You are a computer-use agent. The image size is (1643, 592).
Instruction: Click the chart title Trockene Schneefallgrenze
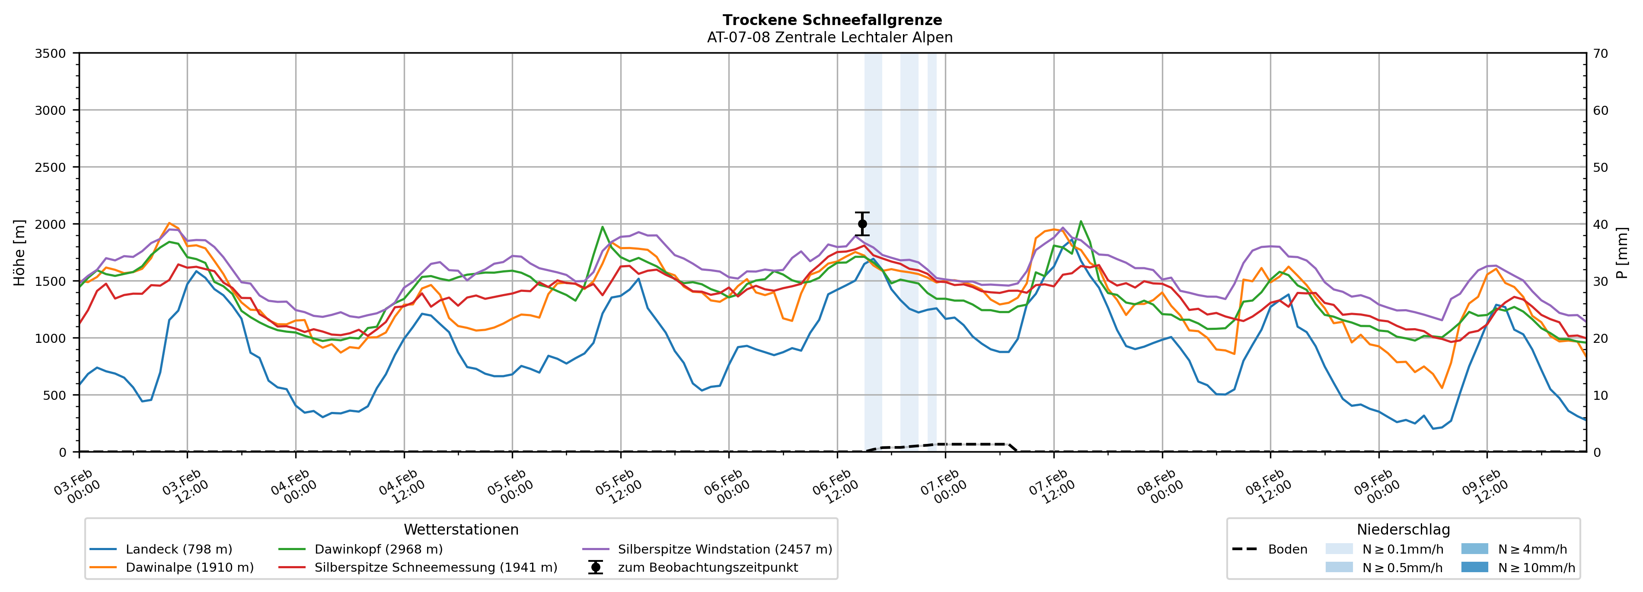coord(832,20)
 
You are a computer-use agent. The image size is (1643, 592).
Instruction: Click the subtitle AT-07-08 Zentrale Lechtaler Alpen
coord(829,38)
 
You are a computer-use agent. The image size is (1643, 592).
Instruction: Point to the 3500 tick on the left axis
coord(51,54)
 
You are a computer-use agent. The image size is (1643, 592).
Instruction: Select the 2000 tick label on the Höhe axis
coord(51,224)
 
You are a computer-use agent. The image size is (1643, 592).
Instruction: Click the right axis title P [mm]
coord(1622,253)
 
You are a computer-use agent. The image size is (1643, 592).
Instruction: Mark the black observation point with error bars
coord(862,224)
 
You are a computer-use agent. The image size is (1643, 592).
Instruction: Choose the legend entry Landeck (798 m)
coord(179,549)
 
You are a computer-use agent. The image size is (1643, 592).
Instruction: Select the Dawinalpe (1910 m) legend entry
coord(189,568)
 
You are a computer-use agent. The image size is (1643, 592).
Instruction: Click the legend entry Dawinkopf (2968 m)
coord(378,549)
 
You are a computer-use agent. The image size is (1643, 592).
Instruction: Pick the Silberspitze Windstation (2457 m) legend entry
coord(724,549)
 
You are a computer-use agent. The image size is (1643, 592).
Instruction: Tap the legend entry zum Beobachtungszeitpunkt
coord(707,568)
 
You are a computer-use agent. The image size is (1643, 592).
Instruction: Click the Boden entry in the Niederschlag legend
coord(1287,549)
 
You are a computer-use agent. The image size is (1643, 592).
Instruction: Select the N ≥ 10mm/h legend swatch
coord(1474,567)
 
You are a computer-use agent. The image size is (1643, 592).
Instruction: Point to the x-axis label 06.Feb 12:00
coord(836,488)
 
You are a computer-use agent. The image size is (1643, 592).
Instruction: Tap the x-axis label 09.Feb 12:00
coord(1486,488)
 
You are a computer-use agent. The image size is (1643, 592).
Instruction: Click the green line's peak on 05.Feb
coord(602,227)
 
